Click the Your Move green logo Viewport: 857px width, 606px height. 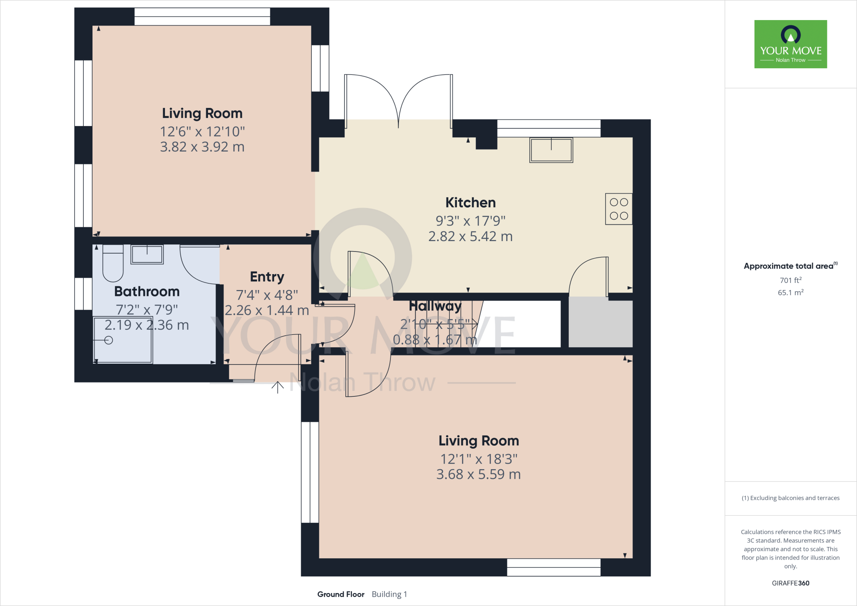[x=790, y=44]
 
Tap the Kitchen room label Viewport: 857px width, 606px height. [x=470, y=203]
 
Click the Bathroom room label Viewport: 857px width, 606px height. [x=147, y=291]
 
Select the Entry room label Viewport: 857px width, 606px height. [x=267, y=277]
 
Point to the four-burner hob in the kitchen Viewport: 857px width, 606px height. [x=618, y=209]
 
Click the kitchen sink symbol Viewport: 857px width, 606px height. [x=551, y=150]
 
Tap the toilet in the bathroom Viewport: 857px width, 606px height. [x=113, y=264]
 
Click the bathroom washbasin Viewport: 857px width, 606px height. [x=147, y=254]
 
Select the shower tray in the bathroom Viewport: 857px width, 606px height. [x=123, y=340]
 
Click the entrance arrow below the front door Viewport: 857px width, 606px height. [x=277, y=387]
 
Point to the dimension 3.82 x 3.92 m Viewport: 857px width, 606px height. [x=202, y=147]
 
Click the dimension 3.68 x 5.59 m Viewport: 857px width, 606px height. [x=478, y=475]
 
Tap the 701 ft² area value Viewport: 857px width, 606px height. [x=790, y=280]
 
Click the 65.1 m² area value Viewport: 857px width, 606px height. [x=790, y=293]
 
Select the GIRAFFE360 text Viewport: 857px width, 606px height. [x=790, y=583]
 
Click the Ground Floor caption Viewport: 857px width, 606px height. [x=341, y=594]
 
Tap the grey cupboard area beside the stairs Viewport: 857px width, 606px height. [x=600, y=322]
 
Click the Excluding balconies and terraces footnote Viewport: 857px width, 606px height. [x=790, y=498]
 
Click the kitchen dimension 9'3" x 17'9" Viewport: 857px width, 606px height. [x=470, y=221]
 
